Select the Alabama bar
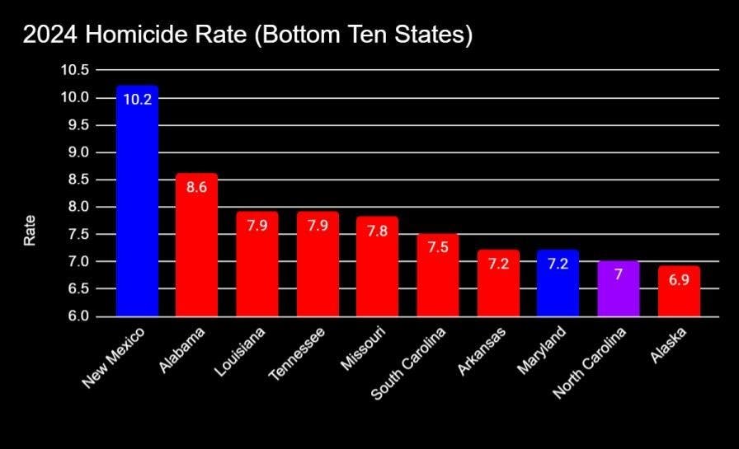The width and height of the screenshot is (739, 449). point(197,247)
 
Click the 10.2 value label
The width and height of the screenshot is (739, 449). point(137,100)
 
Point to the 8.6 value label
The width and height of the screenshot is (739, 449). point(197,187)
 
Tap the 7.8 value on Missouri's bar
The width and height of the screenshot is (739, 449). point(378,232)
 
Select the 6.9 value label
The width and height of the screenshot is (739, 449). point(679,280)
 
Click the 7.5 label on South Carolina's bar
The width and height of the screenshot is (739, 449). point(438,248)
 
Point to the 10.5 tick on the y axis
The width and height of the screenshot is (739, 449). point(74,70)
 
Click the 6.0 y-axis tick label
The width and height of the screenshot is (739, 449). point(78,316)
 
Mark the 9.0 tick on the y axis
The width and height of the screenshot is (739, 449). point(78,152)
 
